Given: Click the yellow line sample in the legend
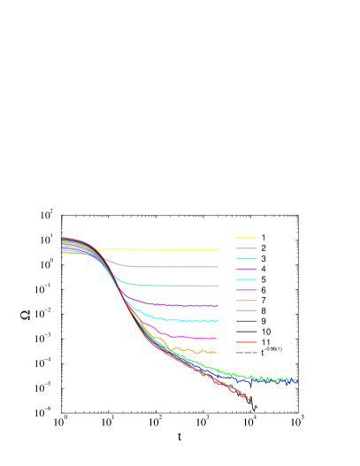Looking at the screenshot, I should click(x=247, y=238).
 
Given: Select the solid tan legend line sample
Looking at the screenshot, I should click(x=247, y=248).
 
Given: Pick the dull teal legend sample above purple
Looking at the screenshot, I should click(x=247, y=258).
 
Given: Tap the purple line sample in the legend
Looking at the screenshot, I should click(x=247, y=269).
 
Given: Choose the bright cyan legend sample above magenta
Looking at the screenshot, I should click(x=247, y=279).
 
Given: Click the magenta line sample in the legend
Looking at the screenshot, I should click(x=247, y=290).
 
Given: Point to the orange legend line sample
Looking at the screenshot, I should click(x=247, y=301).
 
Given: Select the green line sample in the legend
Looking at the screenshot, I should click(x=247, y=310).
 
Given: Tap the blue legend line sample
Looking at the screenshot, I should click(x=247, y=321).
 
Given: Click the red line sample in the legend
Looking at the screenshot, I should click(x=247, y=342).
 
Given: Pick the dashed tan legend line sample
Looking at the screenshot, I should click(x=247, y=352).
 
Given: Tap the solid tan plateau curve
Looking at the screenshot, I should click(x=177, y=266).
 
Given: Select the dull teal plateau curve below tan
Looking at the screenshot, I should click(x=177, y=286).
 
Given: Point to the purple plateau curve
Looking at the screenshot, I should click(x=177, y=304).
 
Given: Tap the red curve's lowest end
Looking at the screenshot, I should click(x=251, y=403).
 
